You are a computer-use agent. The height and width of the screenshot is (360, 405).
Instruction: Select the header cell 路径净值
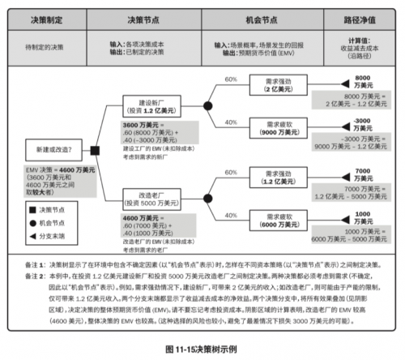361,16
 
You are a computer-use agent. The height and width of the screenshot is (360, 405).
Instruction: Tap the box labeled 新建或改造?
53,150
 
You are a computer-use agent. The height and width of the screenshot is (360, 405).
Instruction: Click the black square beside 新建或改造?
95,150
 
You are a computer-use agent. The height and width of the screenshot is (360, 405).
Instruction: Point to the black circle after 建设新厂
207,106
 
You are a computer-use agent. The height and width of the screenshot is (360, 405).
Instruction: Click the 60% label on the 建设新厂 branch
230,79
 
